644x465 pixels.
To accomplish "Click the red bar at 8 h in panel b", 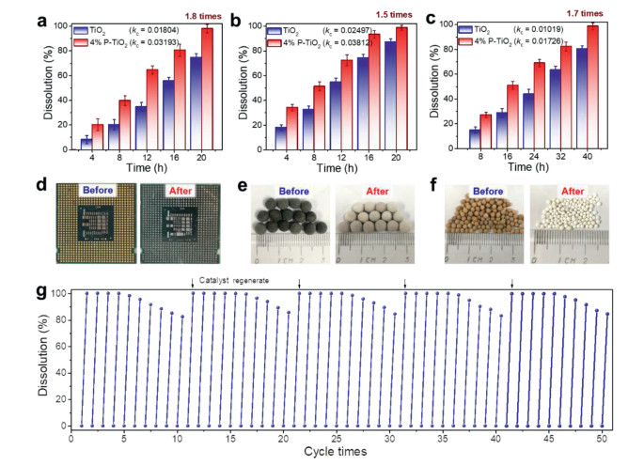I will (x=319, y=117).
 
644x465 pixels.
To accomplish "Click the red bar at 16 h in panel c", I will (x=512, y=116).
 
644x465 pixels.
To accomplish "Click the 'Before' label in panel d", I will (x=98, y=188).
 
